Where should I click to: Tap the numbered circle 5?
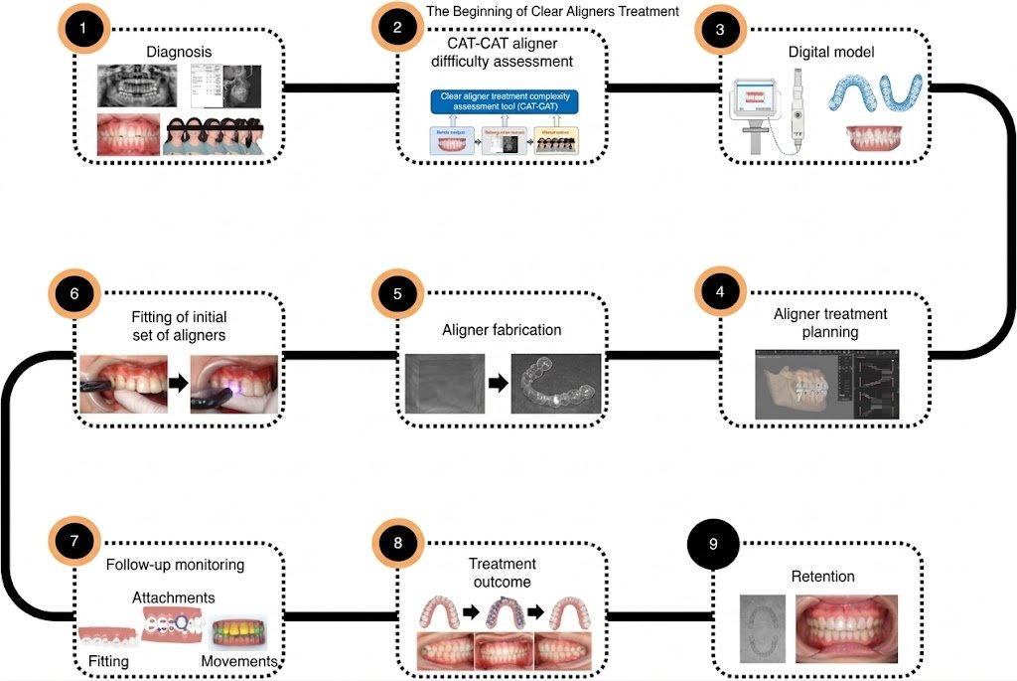[x=398, y=295]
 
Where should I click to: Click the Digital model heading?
[x=831, y=52]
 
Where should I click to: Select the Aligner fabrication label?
[x=503, y=329]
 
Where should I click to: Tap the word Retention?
[x=822, y=577]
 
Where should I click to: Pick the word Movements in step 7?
[x=238, y=661]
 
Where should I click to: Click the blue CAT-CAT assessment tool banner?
[x=503, y=101]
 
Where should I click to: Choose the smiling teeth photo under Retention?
[x=846, y=628]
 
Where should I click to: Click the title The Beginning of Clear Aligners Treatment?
[x=552, y=12]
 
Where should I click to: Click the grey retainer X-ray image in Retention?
[x=763, y=629]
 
